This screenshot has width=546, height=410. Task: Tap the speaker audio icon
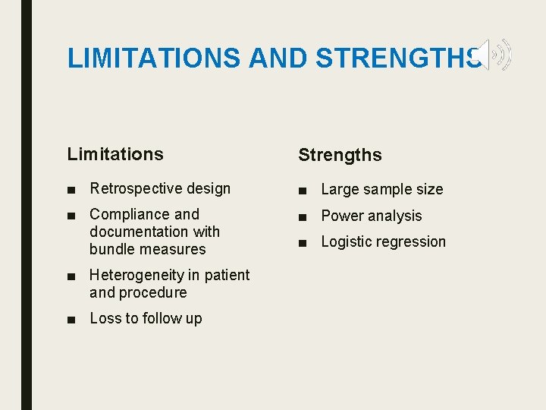click(494, 55)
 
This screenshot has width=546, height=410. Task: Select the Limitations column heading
click(115, 154)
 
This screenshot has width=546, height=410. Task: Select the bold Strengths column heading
click(340, 156)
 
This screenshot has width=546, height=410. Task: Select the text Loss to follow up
click(146, 319)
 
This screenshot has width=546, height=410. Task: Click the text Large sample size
click(382, 189)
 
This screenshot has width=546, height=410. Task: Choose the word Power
click(341, 216)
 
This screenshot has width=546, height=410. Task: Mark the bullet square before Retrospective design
click(71, 189)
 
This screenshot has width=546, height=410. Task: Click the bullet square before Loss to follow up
click(71, 320)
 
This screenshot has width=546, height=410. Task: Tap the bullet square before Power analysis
click(303, 216)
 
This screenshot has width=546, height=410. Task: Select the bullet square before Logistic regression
click(303, 243)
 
